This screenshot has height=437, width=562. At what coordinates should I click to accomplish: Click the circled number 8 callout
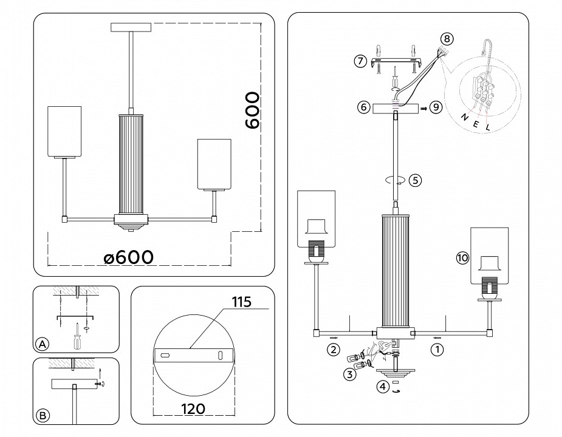click(447, 39)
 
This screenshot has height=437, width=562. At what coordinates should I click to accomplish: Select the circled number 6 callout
click(363, 107)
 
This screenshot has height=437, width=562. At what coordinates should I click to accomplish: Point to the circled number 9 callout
click(435, 107)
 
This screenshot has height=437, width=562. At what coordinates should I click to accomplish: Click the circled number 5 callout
click(415, 180)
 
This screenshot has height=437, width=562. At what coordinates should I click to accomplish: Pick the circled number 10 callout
click(462, 258)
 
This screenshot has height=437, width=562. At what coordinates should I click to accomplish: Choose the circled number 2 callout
click(333, 349)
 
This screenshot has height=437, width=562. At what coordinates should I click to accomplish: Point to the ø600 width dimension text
click(128, 257)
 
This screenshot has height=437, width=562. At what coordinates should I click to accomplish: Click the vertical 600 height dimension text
click(252, 111)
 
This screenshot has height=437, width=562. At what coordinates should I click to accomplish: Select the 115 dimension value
click(241, 301)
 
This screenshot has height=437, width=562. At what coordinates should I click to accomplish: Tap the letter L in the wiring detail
click(487, 127)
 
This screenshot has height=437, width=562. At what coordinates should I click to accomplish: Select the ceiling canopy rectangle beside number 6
click(396, 107)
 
